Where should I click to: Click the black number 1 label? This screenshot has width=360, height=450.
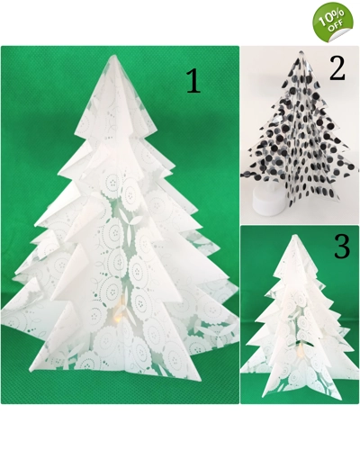pos(193,80)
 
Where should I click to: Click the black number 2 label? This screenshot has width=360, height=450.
pos(337,68)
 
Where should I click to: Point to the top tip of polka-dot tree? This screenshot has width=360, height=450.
pos(301,51)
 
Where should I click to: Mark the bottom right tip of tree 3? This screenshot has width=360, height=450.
pos(341,400)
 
